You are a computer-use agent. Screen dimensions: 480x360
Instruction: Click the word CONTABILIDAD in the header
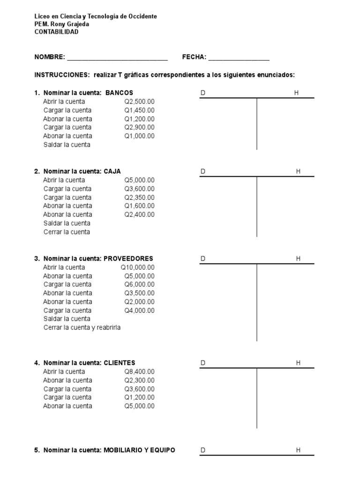(x=56, y=32)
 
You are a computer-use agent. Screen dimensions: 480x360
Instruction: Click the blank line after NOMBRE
(x=117, y=58)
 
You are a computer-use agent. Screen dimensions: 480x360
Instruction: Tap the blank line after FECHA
(x=239, y=58)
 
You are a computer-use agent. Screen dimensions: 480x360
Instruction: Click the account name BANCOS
(x=119, y=93)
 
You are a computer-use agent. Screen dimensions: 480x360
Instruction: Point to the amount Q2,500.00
(x=139, y=101)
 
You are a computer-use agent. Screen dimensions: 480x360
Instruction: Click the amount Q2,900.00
(x=139, y=127)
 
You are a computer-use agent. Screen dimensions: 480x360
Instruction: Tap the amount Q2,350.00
(x=139, y=197)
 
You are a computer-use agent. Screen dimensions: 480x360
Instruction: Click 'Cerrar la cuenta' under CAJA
(x=67, y=232)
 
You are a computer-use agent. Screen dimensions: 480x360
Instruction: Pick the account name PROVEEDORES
(x=128, y=259)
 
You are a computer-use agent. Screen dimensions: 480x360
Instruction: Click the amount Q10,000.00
(x=137, y=267)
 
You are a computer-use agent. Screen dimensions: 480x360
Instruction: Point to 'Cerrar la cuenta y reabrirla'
(x=82, y=328)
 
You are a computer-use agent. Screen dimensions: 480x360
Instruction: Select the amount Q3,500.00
(x=139, y=293)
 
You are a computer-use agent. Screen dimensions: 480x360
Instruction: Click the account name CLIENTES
(x=119, y=363)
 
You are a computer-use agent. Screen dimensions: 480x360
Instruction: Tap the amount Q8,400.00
(x=139, y=372)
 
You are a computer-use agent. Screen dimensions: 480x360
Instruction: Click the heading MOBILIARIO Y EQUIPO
(x=139, y=450)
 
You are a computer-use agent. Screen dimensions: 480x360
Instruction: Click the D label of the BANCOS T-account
(x=203, y=93)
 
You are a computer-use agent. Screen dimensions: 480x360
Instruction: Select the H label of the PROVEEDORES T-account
(x=298, y=259)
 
